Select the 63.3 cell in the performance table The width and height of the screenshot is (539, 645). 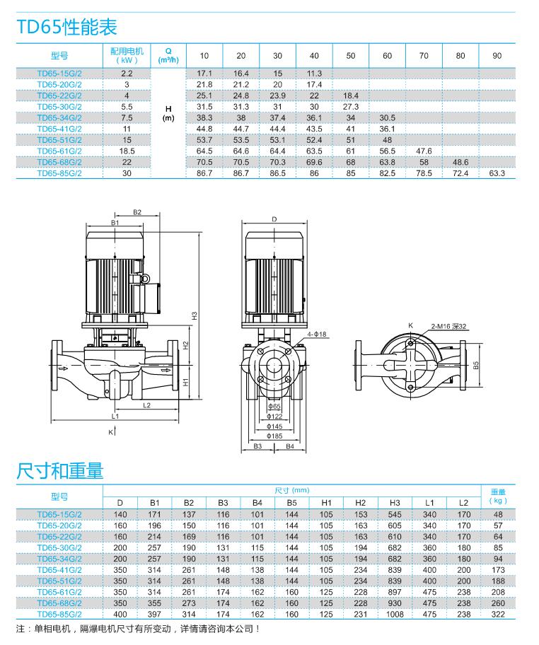pos(497,173)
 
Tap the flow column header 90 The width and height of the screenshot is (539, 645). pos(497,55)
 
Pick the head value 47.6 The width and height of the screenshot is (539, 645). pos(424,151)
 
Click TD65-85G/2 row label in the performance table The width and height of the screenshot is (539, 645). pos(59,173)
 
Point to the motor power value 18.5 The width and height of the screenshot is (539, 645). pos(127,151)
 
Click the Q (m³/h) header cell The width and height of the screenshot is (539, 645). pos(168,55)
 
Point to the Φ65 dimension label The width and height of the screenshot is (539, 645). pos(275,407)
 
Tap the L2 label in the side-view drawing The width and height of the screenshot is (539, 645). pos(147,405)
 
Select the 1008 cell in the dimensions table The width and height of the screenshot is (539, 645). pos(394,615)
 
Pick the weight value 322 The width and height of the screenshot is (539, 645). pos(498,615)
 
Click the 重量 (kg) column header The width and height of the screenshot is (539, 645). pos(498,496)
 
